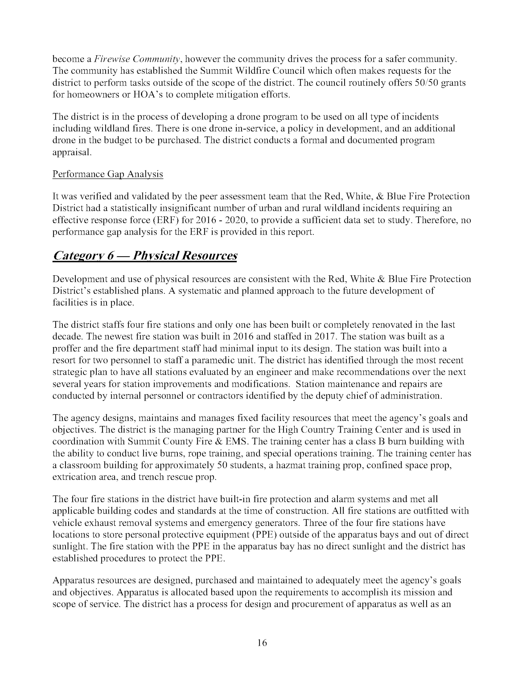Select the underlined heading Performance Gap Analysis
(x=108, y=175)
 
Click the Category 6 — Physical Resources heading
(x=145, y=256)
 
